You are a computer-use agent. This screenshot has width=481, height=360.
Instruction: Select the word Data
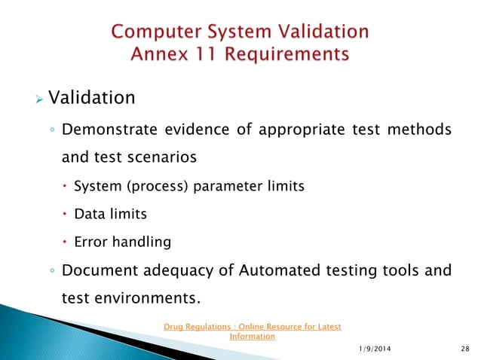click(87, 214)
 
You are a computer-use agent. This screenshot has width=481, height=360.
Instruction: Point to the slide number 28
click(462, 347)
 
